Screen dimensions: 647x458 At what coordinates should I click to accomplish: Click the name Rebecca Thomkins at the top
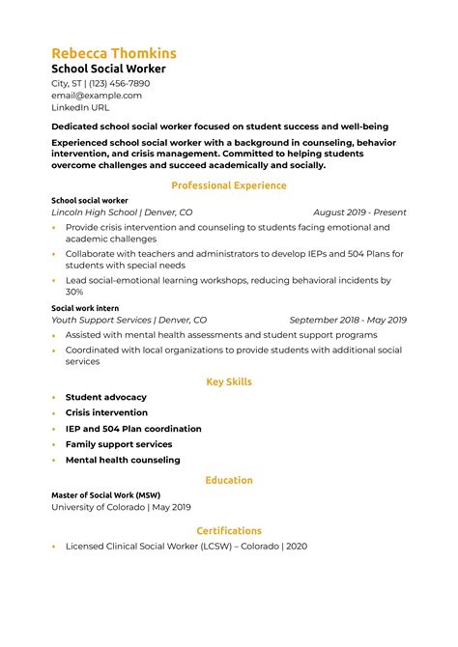coord(113,53)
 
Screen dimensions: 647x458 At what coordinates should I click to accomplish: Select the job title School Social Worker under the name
coord(108,70)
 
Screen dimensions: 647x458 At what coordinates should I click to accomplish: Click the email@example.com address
coord(96,96)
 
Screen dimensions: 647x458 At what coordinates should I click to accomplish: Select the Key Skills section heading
coord(228,381)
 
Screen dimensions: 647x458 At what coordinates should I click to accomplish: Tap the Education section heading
coord(228,480)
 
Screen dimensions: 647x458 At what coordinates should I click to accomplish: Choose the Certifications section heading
coord(228,530)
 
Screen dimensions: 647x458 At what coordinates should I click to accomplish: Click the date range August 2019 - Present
coord(359,212)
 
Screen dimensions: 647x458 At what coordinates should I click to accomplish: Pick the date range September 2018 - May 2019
coord(348,320)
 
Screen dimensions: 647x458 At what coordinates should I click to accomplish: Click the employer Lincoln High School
coord(95,212)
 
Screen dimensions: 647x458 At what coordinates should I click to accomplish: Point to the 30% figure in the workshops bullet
coord(74,292)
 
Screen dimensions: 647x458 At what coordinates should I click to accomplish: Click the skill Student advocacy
coord(106,397)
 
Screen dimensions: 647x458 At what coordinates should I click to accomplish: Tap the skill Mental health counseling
coord(123,460)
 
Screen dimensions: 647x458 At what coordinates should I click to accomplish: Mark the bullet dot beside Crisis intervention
coord(54,413)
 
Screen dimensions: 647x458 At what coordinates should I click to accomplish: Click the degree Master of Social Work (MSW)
coord(106,494)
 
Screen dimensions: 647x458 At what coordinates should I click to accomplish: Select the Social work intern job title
coord(84,308)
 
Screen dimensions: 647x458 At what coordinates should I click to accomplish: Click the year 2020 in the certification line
coord(296,547)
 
